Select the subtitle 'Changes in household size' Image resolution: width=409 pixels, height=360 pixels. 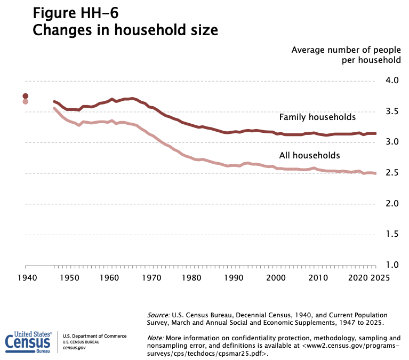coord(125,30)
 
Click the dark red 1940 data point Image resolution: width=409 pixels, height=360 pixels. coord(26,96)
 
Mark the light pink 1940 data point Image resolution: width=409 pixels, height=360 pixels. coord(26,102)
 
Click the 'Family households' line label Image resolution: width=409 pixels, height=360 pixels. coord(317,117)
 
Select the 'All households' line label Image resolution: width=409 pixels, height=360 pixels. coord(309,156)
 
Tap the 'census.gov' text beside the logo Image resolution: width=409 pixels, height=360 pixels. coord(74,348)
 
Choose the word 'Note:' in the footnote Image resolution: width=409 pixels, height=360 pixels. coord(156,338)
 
